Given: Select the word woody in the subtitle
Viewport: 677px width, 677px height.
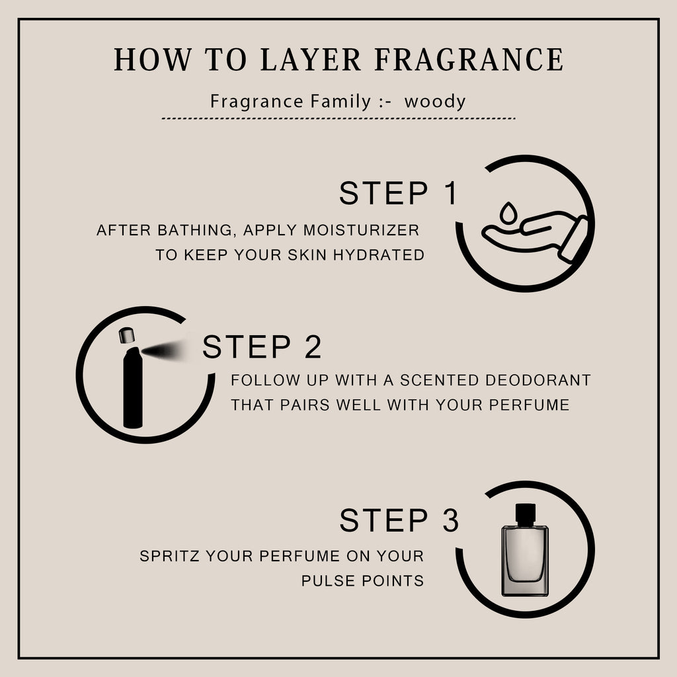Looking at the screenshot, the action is point(435,102).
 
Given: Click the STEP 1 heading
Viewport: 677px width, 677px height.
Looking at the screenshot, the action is point(398,193).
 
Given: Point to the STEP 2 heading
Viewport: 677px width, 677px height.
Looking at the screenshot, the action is point(262,346).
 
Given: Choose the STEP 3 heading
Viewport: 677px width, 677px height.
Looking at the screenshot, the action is point(399,520).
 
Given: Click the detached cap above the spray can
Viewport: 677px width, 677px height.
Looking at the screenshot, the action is point(126,335).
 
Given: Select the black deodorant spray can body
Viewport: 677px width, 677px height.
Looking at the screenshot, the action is point(132,387).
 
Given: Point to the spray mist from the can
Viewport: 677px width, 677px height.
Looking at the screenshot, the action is point(163,350).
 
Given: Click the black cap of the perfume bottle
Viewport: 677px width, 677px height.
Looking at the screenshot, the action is point(526,514).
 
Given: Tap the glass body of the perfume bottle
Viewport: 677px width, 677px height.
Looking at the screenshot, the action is point(525,561).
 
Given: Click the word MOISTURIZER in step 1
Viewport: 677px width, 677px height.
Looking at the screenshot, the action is point(361,230).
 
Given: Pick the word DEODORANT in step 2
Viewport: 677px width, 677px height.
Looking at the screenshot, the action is point(538,380).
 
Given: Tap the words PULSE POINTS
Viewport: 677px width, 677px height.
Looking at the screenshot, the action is point(363,580).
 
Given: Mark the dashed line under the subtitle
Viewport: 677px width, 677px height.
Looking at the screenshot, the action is point(338,118).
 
